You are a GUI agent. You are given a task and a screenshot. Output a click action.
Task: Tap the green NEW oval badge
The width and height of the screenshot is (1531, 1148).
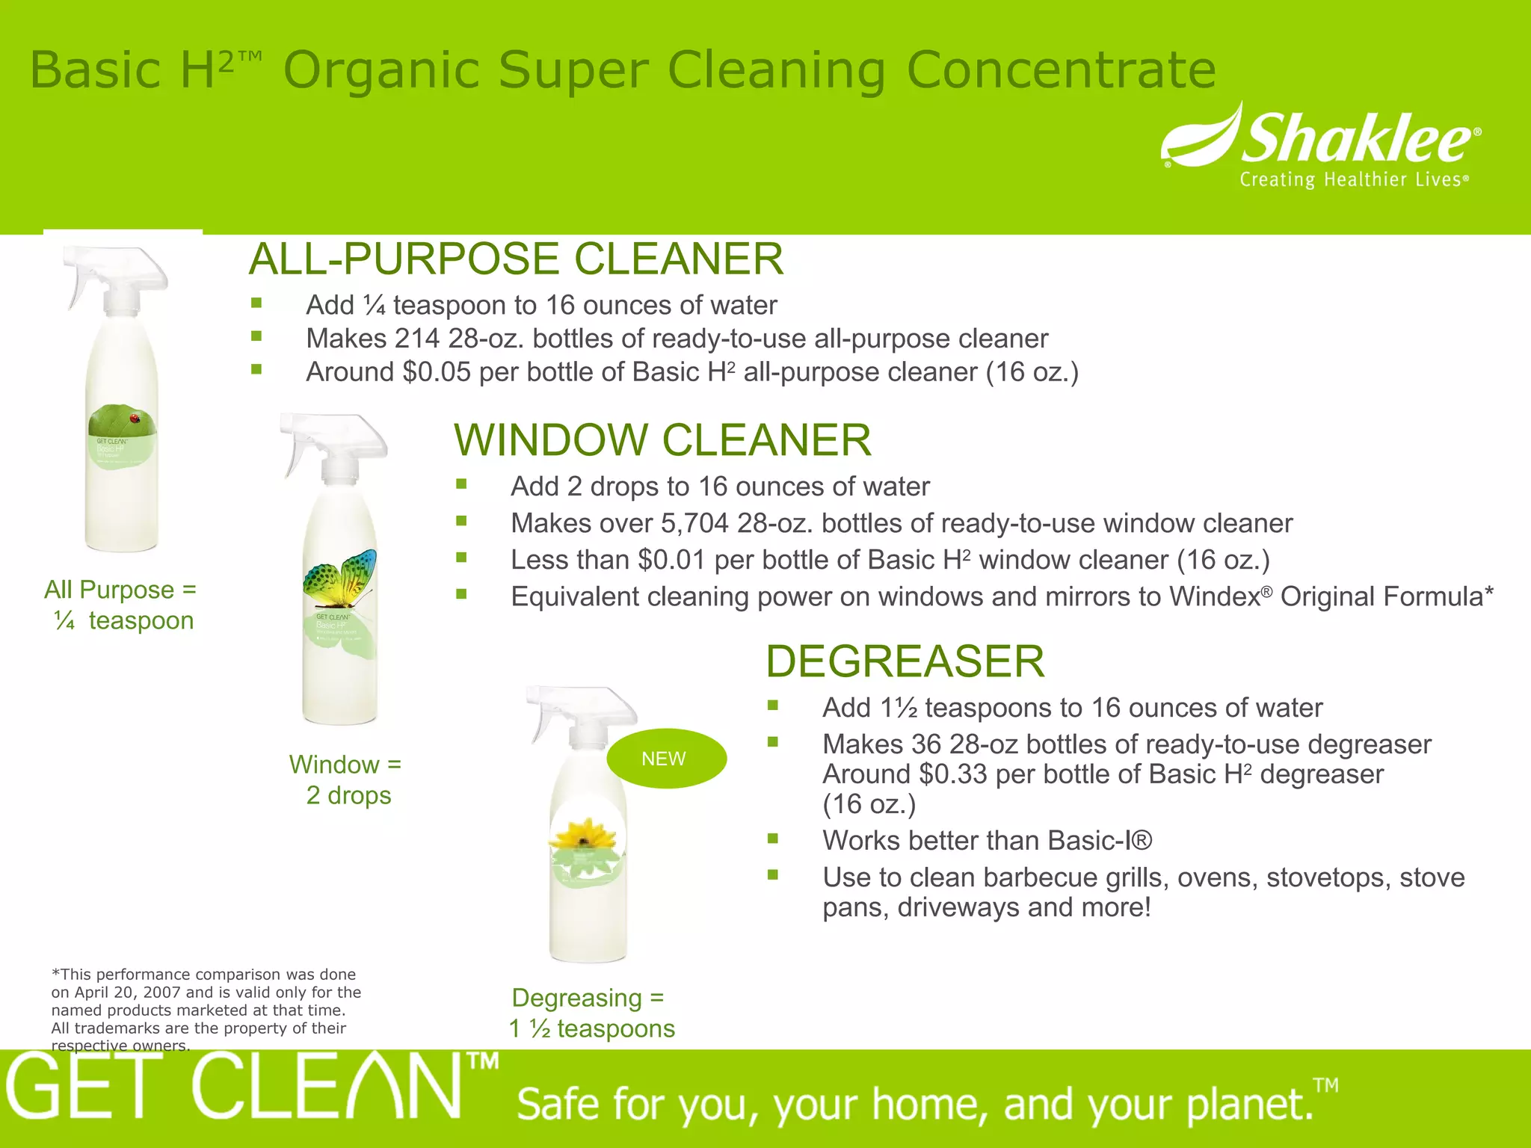pyautogui.click(x=665, y=759)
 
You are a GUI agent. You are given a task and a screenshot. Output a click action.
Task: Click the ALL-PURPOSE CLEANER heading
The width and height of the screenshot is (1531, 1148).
pyautogui.click(x=516, y=259)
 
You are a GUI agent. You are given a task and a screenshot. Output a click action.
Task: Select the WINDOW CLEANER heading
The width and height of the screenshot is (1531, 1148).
pyautogui.click(x=662, y=439)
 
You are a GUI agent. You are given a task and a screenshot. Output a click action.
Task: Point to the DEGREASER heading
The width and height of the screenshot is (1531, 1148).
pyautogui.click(x=905, y=661)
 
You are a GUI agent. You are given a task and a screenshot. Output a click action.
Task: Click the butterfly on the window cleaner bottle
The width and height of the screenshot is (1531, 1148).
pyautogui.click(x=340, y=579)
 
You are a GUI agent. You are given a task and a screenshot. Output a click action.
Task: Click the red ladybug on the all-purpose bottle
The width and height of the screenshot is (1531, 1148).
pyautogui.click(x=135, y=419)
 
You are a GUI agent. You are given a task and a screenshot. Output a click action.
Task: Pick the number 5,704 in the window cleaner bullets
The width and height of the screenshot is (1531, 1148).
pyautogui.click(x=694, y=523)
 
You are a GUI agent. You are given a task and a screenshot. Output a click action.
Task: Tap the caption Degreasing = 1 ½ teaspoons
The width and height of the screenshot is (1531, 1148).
pyautogui.click(x=591, y=1013)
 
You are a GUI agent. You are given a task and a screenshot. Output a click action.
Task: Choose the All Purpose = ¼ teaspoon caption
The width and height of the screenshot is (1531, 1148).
pyautogui.click(x=121, y=605)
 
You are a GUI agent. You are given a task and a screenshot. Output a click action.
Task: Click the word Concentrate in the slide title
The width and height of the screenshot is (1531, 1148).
pyautogui.click(x=1061, y=70)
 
